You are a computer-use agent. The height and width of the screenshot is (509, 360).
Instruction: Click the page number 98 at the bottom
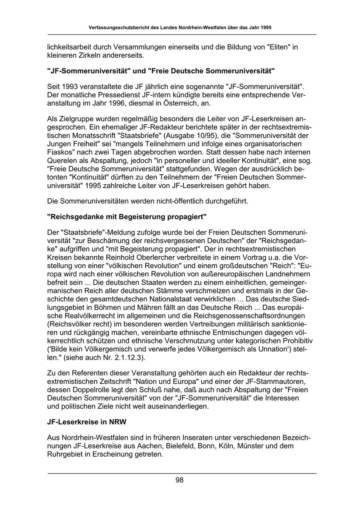180,481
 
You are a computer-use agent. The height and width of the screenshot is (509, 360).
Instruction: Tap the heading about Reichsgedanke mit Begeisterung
127,217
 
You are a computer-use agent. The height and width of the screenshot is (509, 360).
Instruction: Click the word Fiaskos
59,153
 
